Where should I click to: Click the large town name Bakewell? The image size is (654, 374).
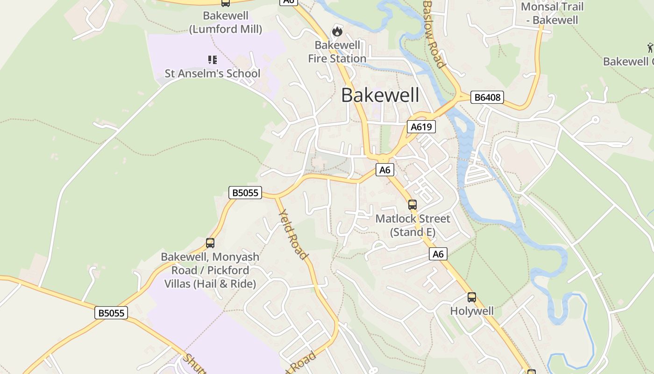coord(380,95)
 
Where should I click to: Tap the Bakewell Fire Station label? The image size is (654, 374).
coord(337,52)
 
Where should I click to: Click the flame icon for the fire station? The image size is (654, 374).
coord(337,32)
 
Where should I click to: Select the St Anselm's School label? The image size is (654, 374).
coord(213,73)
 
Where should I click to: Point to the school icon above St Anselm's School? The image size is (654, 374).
coord(213,59)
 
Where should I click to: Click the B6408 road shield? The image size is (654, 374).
coord(487,97)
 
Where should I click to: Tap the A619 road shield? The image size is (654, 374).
coord(421,127)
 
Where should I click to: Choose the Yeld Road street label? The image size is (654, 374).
coord(293,234)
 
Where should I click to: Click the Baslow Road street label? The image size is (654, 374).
coord(434,34)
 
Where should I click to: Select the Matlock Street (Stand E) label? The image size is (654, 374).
coord(412,225)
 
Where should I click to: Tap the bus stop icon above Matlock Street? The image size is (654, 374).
coord(412,204)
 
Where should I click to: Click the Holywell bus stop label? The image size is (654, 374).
coord(472,311)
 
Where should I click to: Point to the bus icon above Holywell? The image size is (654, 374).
coord(472,297)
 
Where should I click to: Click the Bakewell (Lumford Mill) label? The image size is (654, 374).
coord(226,22)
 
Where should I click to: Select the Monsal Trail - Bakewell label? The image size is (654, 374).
coord(552,13)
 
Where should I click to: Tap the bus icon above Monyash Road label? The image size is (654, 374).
coord(210,243)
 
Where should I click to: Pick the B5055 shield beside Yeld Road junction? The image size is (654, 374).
coord(245,193)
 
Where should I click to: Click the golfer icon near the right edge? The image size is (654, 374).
coord(650,47)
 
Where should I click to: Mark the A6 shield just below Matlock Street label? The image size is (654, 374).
coord(438,254)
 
